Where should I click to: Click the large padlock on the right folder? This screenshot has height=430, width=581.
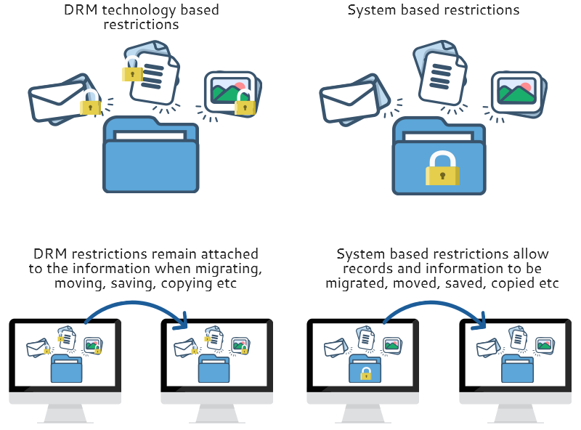tap(442, 169)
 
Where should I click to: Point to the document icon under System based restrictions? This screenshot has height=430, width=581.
tap(440, 72)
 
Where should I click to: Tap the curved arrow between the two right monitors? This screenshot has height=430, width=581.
tap(436, 307)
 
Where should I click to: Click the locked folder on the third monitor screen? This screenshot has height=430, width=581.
tap(366, 370)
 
